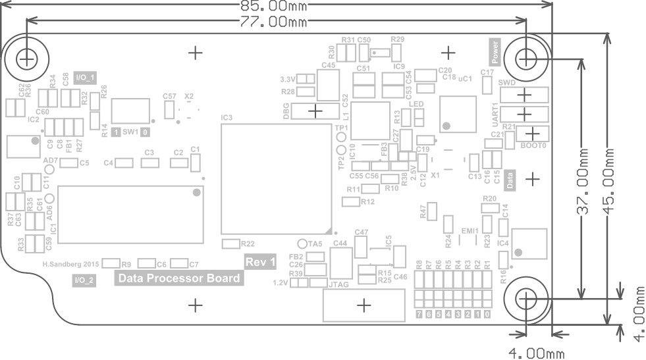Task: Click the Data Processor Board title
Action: tap(178, 278)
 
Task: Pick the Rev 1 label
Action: tap(260, 262)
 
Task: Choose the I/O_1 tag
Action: tap(85, 78)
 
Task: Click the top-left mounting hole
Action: tap(26, 59)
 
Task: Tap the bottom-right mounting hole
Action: tap(525, 298)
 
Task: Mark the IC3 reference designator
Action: tap(227, 117)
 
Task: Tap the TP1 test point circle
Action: tap(340, 138)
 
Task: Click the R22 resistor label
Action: tap(248, 244)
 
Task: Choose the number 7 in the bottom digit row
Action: tap(419, 315)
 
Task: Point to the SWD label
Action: tap(507, 83)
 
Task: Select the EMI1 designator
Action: tap(470, 231)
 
